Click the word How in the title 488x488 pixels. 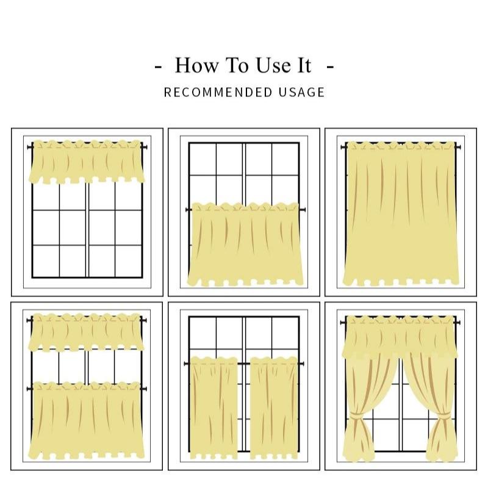pyautogui.click(x=196, y=65)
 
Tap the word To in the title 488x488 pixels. pyautogui.click(x=239, y=65)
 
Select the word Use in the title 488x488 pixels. pyautogui.click(x=273, y=65)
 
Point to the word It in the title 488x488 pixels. pyautogui.click(x=304, y=65)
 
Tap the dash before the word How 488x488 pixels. pyautogui.click(x=158, y=66)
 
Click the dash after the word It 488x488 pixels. pyautogui.click(x=330, y=66)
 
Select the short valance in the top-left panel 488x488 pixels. pyautogui.click(x=87, y=162)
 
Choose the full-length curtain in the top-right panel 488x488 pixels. pyautogui.click(x=401, y=213)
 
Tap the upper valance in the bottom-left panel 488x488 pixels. pyautogui.click(x=87, y=332)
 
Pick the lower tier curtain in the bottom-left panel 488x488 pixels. pyautogui.click(x=87, y=421)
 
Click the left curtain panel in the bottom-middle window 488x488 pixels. pyautogui.click(x=214, y=408)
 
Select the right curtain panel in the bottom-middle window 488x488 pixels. pyautogui.click(x=274, y=408)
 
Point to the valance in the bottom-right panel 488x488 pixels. pyautogui.click(x=400, y=337)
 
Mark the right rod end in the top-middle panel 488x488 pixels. pyautogui.click(x=303, y=210)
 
